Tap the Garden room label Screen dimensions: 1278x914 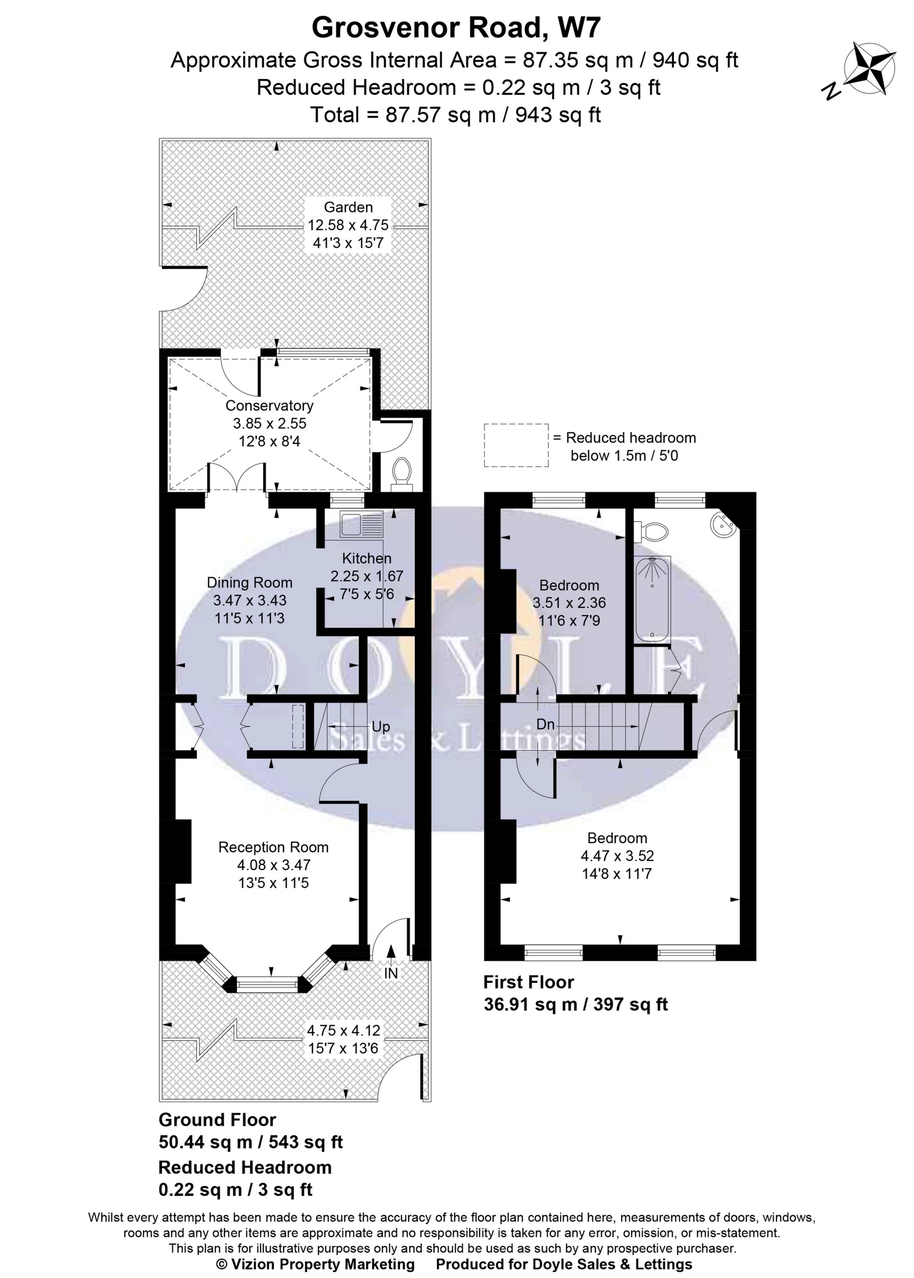[348, 207]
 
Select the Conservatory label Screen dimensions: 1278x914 [269, 406]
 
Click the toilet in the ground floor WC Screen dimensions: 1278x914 [401, 471]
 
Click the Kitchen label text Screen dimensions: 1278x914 [367, 558]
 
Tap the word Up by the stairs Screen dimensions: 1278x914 [380, 727]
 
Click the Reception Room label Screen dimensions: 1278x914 [273, 847]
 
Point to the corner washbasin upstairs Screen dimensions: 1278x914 [722, 526]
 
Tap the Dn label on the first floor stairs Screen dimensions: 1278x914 [545, 724]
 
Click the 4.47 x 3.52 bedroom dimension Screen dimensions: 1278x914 [617, 856]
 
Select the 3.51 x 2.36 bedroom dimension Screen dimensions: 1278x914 [569, 603]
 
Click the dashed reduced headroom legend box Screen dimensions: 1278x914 [516, 445]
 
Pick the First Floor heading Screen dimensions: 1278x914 [529, 982]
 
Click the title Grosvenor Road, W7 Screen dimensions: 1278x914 [456, 28]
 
